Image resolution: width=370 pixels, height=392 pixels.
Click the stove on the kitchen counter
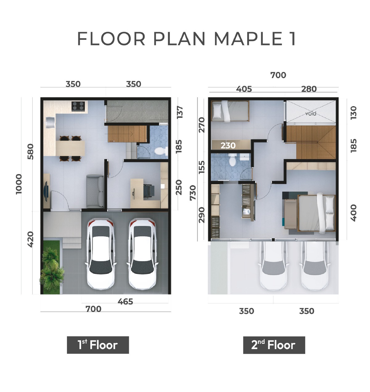[78, 106]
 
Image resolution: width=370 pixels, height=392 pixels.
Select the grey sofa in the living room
[95, 191]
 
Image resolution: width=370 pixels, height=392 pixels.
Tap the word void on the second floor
[310, 114]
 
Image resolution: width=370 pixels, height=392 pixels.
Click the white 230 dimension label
[228, 145]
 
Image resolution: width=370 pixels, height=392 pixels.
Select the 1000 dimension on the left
[19, 184]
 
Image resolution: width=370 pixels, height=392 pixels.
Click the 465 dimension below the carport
[125, 302]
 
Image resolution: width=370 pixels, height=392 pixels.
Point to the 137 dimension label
[180, 112]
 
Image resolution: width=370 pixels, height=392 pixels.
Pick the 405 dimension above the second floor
[244, 89]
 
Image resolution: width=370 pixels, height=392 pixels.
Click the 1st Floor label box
[98, 345]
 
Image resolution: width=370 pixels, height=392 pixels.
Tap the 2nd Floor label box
[274, 345]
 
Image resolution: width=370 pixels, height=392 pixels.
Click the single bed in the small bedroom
[230, 111]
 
